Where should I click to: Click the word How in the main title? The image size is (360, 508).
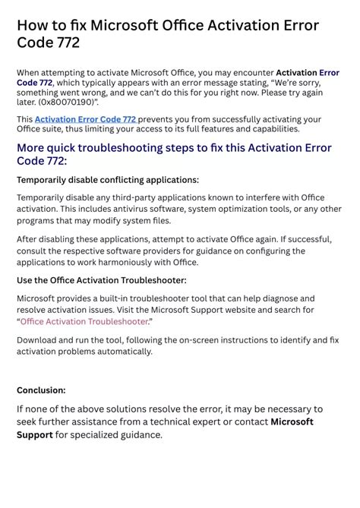33,25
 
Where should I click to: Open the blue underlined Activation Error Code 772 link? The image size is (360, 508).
86,119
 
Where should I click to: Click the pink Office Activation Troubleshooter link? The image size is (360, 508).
84,321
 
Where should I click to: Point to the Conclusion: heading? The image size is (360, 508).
41,390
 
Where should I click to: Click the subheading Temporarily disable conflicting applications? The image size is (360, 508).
108,180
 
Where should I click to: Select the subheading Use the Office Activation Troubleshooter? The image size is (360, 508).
102,280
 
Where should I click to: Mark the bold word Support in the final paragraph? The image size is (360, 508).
35,435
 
